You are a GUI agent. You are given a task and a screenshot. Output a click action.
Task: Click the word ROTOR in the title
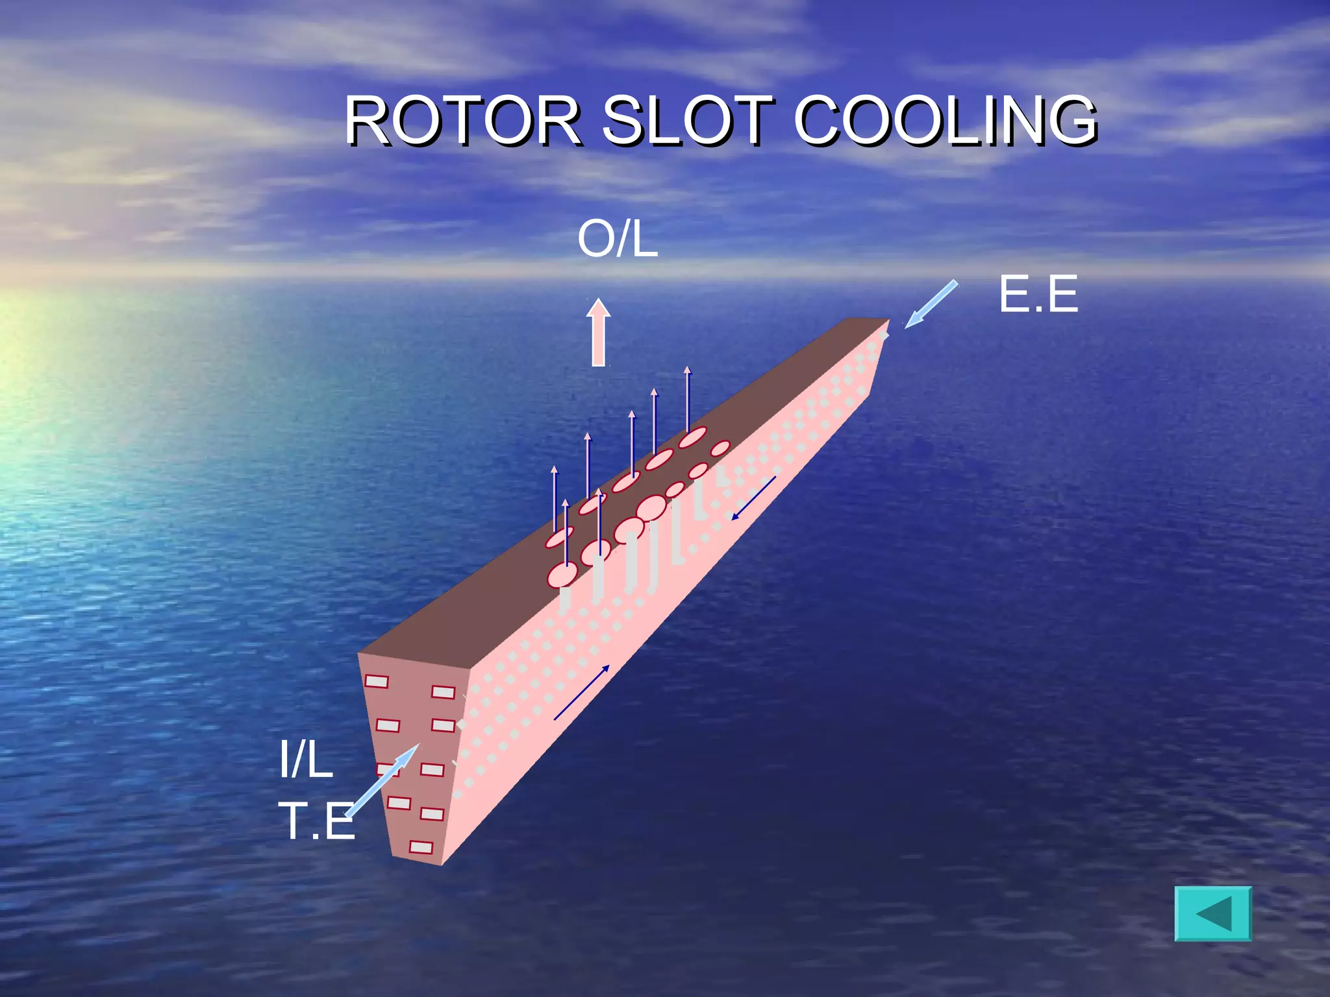tap(462, 121)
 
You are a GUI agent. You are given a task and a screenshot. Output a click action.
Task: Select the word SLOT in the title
tap(688, 121)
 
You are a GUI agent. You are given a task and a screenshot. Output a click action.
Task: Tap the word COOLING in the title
tap(946, 121)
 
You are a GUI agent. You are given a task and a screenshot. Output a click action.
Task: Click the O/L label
tap(618, 239)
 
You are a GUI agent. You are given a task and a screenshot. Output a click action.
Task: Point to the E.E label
tap(1038, 294)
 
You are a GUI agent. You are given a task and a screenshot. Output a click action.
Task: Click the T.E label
tap(317, 820)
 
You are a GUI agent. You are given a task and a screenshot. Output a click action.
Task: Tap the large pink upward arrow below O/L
tap(599, 332)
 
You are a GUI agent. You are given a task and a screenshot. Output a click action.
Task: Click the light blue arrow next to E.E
tap(931, 304)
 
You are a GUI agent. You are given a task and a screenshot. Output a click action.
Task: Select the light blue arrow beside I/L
tap(382, 780)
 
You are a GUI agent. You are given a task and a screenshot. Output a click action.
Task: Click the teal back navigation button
tap(1213, 913)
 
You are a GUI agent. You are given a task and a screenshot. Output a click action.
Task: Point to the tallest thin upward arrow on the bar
tap(688, 399)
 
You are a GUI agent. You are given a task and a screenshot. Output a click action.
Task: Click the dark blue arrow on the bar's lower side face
tap(582, 693)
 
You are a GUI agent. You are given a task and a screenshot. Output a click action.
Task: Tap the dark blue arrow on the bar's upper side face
tap(753, 498)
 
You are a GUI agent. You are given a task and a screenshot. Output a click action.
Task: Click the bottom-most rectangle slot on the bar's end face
tap(421, 847)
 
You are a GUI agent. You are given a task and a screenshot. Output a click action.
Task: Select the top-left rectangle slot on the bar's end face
tap(377, 681)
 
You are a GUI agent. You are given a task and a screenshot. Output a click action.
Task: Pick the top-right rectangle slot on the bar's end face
tap(444, 692)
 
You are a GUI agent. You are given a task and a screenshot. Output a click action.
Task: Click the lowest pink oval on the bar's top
tap(562, 574)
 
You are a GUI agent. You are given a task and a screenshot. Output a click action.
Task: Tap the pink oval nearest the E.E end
tap(720, 449)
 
